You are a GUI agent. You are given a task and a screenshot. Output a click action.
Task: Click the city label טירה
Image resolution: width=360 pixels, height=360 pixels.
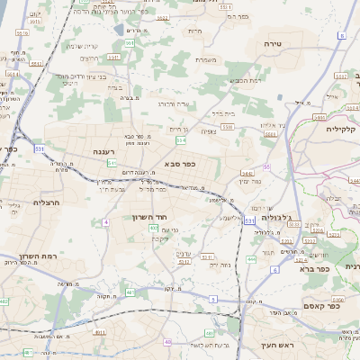274,42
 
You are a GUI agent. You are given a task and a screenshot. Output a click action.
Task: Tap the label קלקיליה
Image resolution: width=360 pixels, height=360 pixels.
344,129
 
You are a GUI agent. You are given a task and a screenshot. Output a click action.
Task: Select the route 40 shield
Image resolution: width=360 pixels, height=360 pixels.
167,342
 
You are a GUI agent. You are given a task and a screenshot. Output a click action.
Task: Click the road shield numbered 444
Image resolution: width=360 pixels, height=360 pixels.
251,258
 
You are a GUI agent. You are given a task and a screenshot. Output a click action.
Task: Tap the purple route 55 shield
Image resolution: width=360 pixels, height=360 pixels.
267,166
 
